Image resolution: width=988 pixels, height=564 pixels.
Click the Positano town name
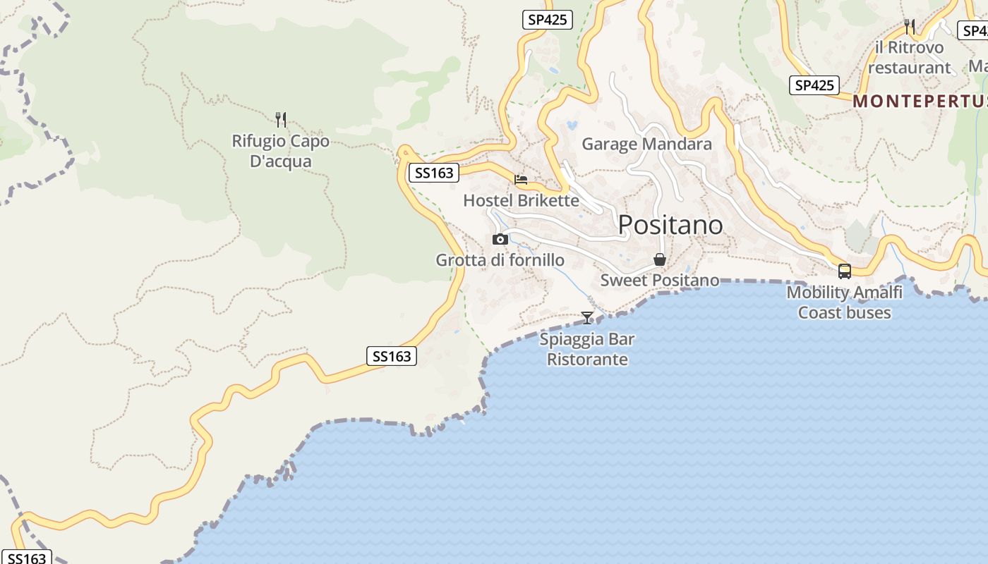click(x=670, y=225)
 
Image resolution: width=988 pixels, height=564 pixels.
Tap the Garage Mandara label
click(x=646, y=145)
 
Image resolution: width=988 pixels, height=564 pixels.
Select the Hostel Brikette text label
click(x=521, y=201)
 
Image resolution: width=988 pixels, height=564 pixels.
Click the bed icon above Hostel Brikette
click(x=521, y=180)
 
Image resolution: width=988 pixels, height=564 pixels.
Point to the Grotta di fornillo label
click(x=500, y=260)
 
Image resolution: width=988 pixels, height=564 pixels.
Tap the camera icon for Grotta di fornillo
click(x=500, y=240)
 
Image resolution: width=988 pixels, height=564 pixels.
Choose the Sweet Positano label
click(x=659, y=280)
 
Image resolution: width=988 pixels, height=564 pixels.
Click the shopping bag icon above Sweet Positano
click(x=660, y=259)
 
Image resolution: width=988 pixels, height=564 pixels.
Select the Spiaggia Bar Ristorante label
click(x=587, y=349)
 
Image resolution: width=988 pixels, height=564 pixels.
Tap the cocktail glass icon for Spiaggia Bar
click(x=587, y=318)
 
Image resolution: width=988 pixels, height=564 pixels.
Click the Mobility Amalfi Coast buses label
click(x=844, y=302)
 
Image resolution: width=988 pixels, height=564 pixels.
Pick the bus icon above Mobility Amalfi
click(x=844, y=271)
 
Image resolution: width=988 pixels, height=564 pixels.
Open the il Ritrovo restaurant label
click(x=909, y=58)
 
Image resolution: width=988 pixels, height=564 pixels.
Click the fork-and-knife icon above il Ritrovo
click(x=910, y=27)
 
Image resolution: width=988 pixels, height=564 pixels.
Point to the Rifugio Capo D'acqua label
click(x=280, y=151)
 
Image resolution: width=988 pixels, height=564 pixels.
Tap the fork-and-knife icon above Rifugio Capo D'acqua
click(x=281, y=120)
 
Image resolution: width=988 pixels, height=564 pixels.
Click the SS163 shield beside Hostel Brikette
click(x=434, y=173)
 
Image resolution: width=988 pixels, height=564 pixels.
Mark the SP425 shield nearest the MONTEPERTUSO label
click(x=814, y=85)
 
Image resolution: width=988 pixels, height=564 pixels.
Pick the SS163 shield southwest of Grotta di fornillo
click(x=392, y=356)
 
